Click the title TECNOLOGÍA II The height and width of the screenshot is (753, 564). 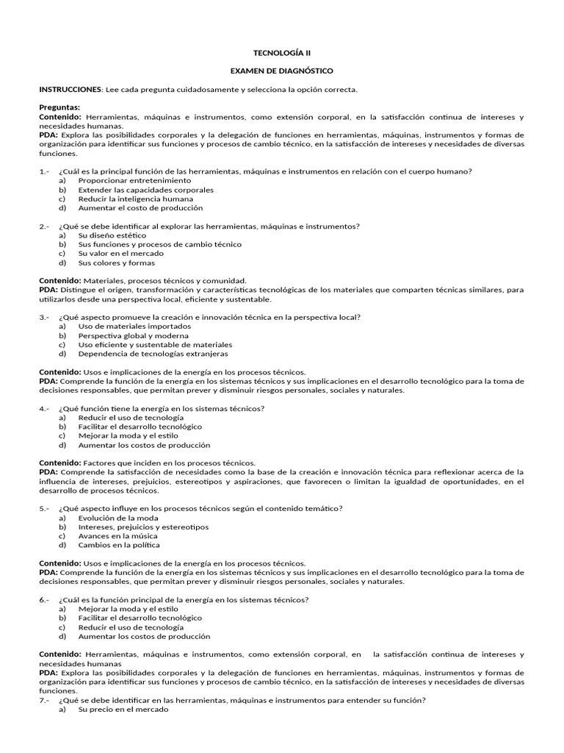(x=281, y=53)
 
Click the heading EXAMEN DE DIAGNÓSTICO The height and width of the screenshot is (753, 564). (x=281, y=71)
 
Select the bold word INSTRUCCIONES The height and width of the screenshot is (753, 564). (x=70, y=90)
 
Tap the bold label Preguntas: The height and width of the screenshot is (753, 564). (x=59, y=108)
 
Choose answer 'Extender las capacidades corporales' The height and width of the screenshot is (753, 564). (x=146, y=190)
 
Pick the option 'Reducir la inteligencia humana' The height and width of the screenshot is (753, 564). (x=136, y=199)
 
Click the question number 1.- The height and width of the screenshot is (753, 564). (x=44, y=171)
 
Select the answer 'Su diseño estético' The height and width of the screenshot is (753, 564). (x=114, y=235)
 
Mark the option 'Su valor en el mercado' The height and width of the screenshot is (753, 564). (x=123, y=254)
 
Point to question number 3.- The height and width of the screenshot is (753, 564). (x=44, y=317)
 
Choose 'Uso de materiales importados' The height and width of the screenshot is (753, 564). (x=124, y=326)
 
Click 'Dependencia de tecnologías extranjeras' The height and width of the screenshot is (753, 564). (x=153, y=354)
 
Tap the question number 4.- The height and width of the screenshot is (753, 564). (x=44, y=408)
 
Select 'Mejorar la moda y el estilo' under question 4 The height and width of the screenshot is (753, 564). (x=129, y=435)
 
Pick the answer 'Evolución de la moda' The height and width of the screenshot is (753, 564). (x=117, y=518)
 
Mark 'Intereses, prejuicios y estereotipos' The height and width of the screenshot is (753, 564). (x=143, y=527)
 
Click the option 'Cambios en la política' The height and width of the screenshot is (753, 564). (x=118, y=545)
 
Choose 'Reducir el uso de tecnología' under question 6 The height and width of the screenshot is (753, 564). (x=131, y=627)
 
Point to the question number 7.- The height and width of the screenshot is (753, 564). (x=44, y=700)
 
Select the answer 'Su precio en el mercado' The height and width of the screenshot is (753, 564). (x=123, y=710)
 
